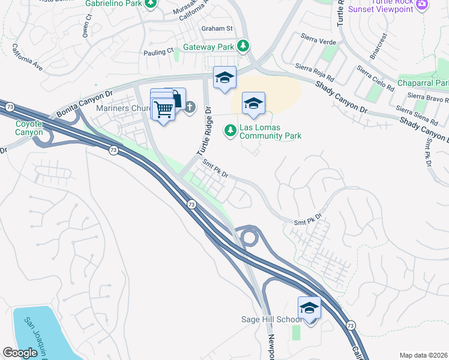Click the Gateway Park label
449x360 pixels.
pos(208,46)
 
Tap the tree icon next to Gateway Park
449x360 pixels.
pos(243,46)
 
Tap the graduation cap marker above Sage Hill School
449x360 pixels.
pos(309,308)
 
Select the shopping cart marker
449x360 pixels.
pos(163,109)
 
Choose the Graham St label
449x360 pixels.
pos(217,28)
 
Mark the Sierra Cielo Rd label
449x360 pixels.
pos(374,78)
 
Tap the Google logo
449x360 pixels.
pos(20,352)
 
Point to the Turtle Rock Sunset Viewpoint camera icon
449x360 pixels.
pos(422,4)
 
